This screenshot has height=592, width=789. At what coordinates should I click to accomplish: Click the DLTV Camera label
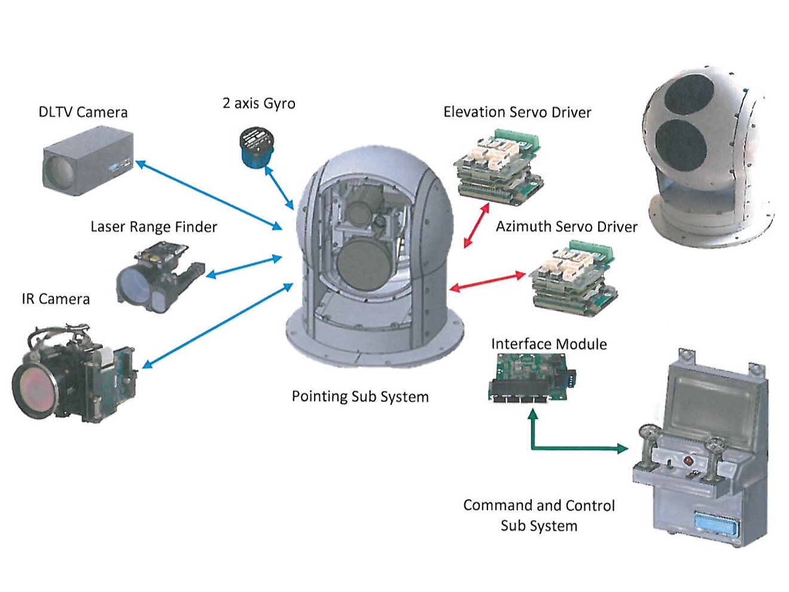coord(83,112)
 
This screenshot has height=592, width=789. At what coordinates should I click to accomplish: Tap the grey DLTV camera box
coord(87,163)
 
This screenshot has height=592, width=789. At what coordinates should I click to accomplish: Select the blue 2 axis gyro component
coord(256,147)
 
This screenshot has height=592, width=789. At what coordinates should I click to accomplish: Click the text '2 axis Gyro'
coord(258,103)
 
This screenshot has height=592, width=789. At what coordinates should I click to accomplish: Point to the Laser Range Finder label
coord(154,227)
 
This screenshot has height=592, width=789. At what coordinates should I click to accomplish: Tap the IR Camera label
coord(56,299)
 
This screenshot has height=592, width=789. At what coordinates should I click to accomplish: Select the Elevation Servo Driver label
coord(517,112)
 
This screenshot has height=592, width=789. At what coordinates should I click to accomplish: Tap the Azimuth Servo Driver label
coord(566,226)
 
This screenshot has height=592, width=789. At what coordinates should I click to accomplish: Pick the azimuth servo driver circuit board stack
coord(573,276)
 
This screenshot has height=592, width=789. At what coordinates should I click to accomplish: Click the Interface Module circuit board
coord(530,377)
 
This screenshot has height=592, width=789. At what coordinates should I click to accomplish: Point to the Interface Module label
coord(549,344)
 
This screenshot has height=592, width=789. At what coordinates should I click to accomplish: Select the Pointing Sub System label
coord(360,396)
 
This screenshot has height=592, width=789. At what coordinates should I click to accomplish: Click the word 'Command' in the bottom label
coord(498,505)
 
